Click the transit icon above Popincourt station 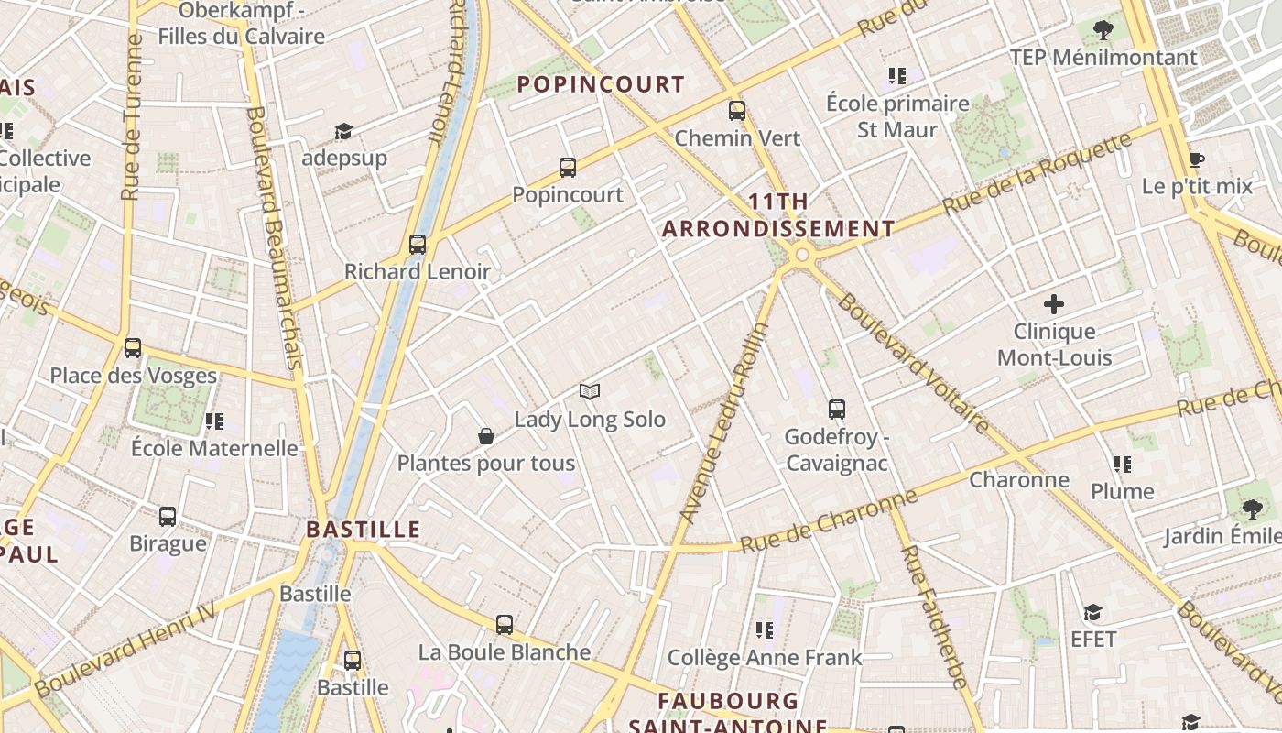pyautogui.click(x=568, y=168)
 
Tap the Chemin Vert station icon pyautogui.click(x=737, y=111)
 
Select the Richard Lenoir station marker pyautogui.click(x=418, y=245)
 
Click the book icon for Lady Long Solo pyautogui.click(x=590, y=392)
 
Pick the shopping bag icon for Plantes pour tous pyautogui.click(x=486, y=436)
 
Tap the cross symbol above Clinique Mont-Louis pyautogui.click(x=1054, y=304)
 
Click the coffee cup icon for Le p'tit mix pyautogui.click(x=1196, y=159)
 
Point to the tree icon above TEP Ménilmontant pyautogui.click(x=1103, y=30)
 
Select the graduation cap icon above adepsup pyautogui.click(x=343, y=131)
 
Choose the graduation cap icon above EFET pyautogui.click(x=1092, y=612)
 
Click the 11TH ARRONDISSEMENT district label pyautogui.click(x=778, y=215)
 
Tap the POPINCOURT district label pyautogui.click(x=601, y=84)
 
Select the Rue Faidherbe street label pyautogui.click(x=933, y=616)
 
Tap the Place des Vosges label pyautogui.click(x=134, y=376)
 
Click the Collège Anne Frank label pyautogui.click(x=765, y=657)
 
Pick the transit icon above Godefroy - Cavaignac pyautogui.click(x=837, y=410)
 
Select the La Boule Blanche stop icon pyautogui.click(x=505, y=626)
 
